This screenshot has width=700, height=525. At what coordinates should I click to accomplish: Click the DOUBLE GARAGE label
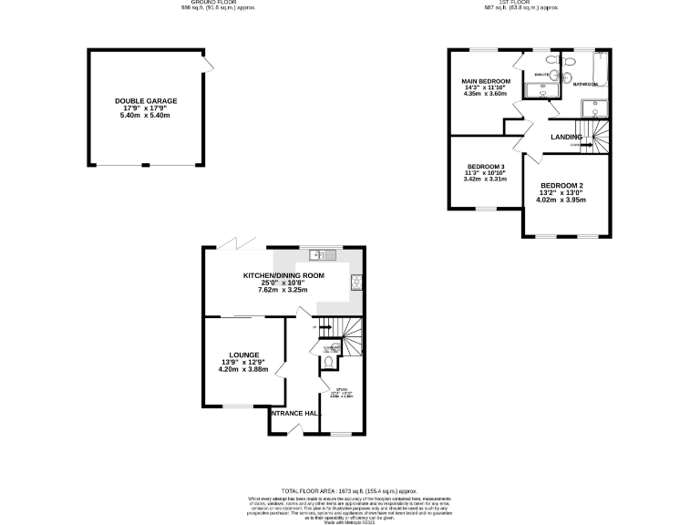[146, 101]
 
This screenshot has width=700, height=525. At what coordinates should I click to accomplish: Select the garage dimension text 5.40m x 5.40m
[146, 116]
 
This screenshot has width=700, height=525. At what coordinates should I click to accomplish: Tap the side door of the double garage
[209, 64]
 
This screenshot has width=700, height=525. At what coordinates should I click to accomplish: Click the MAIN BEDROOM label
[487, 81]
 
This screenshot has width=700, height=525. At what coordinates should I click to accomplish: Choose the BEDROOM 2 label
[562, 186]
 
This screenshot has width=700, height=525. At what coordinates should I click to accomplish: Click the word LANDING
[566, 138]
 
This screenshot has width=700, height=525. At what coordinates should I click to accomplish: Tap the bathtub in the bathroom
[600, 70]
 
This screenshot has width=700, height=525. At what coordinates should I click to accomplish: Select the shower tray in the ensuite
[543, 90]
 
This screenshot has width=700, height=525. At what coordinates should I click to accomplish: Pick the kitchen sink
[320, 253]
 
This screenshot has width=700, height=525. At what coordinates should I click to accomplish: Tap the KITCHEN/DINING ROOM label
[283, 275]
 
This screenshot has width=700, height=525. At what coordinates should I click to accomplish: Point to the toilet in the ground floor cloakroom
[326, 363]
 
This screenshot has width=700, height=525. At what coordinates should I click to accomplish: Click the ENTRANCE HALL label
[293, 414]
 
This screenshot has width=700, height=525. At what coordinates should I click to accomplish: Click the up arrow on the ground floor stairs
[315, 326]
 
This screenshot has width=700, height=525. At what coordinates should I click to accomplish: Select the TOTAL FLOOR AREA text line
[350, 490]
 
